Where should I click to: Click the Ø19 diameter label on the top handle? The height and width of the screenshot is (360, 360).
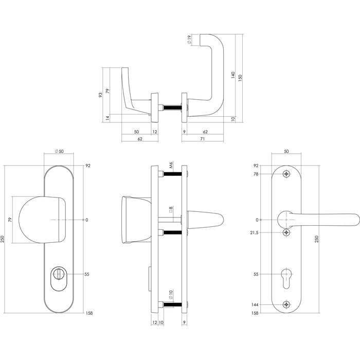click(190, 40)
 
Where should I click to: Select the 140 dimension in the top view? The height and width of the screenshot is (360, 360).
click(233, 75)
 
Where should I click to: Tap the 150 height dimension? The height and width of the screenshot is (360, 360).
click(240, 76)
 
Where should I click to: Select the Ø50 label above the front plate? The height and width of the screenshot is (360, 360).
click(58, 151)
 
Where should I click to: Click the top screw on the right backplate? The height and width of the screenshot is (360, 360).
click(286, 174)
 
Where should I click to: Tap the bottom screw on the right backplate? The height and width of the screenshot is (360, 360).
click(286, 304)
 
